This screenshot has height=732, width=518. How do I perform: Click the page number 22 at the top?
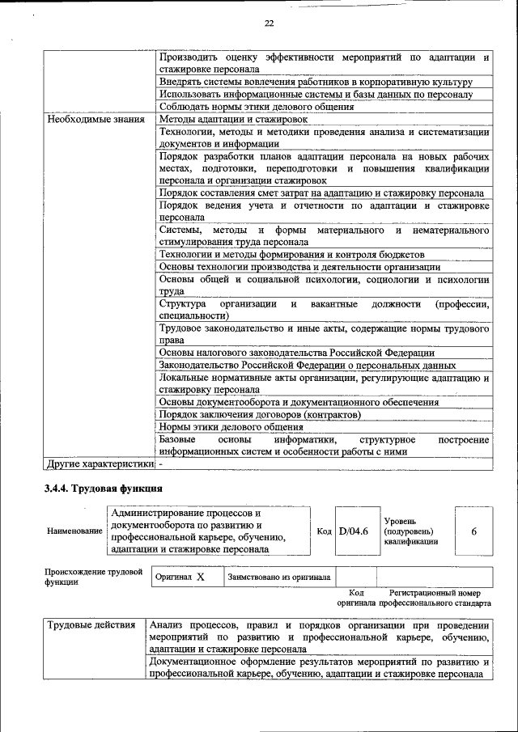click(269, 23)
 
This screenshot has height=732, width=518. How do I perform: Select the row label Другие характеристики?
click(99, 464)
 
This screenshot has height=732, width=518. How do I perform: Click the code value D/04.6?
click(353, 531)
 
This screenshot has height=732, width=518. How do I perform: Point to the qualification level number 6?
click(473, 531)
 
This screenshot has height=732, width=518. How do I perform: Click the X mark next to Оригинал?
click(200, 578)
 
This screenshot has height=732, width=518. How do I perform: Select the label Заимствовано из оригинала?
click(279, 578)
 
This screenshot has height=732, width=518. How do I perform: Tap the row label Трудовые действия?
click(91, 625)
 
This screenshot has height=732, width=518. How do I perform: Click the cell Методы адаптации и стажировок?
click(232, 120)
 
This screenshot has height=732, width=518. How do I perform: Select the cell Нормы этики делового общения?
click(231, 427)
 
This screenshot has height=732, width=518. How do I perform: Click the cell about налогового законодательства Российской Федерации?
click(296, 353)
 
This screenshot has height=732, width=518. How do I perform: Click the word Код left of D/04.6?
click(324, 531)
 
